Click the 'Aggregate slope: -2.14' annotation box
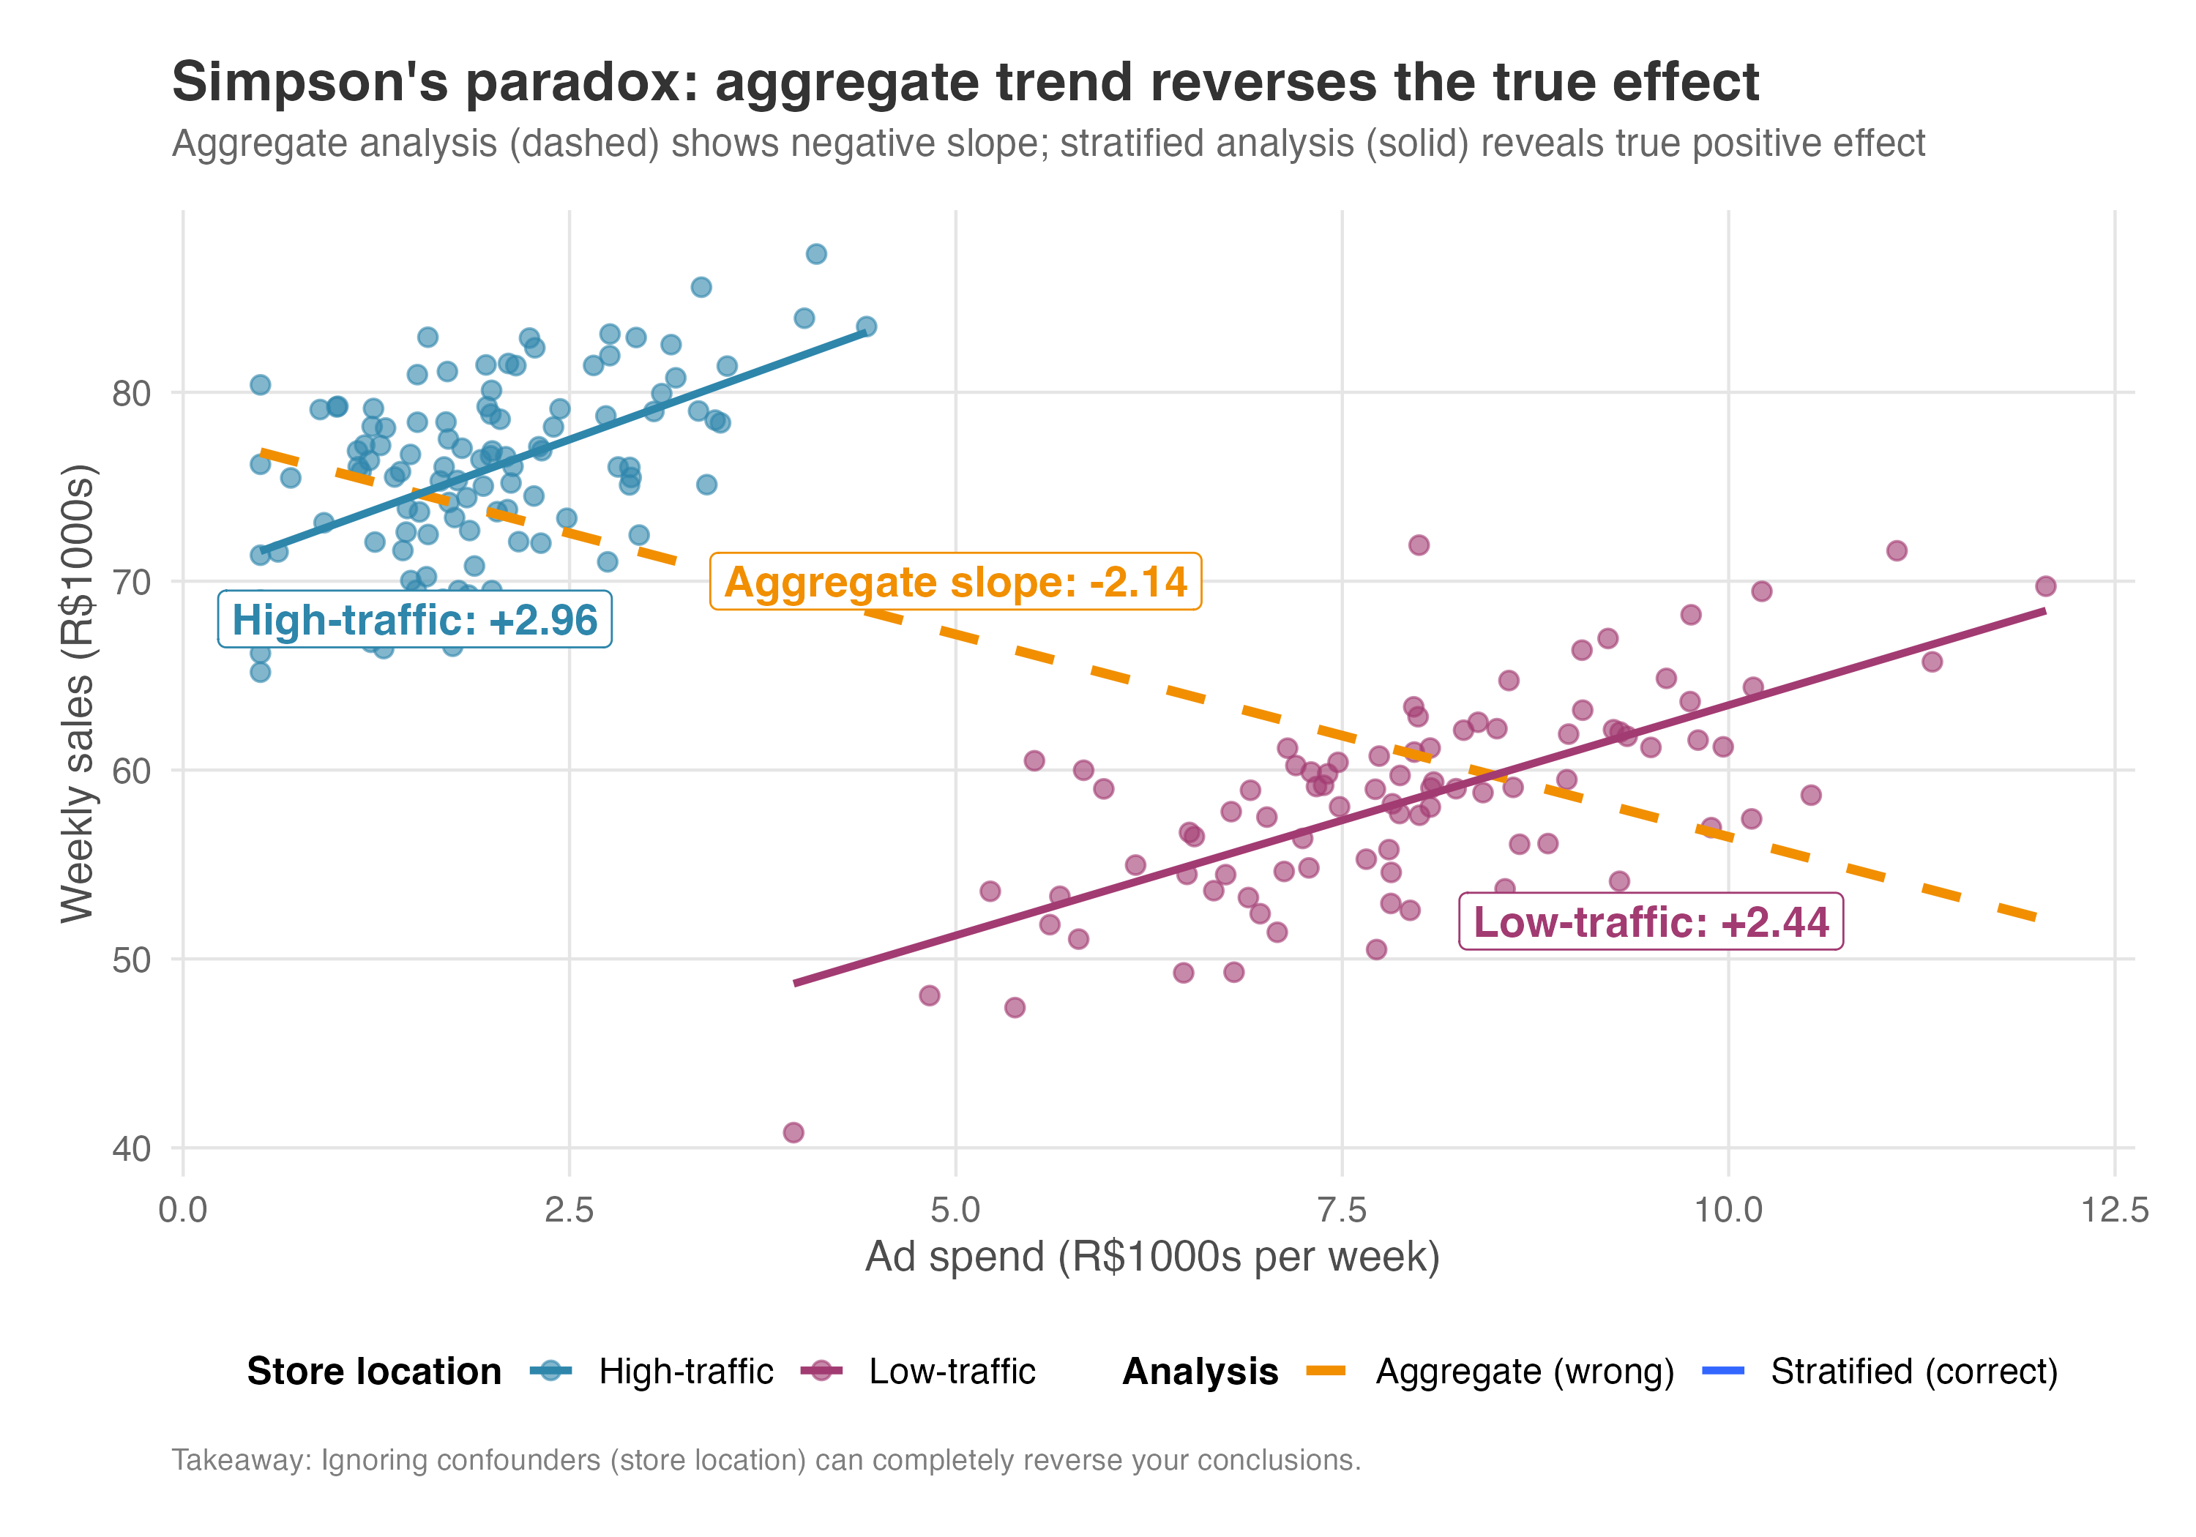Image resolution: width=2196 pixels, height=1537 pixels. (x=955, y=582)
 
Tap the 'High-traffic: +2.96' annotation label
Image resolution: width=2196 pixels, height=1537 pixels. (x=414, y=620)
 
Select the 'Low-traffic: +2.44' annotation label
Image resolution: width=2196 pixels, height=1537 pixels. (x=1650, y=922)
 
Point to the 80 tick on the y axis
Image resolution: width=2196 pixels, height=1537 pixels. (x=131, y=393)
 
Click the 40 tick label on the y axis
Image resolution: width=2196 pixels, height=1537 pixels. (x=131, y=1148)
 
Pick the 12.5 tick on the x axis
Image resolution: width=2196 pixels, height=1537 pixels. (x=2114, y=1210)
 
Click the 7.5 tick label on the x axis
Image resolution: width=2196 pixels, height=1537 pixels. (x=1341, y=1210)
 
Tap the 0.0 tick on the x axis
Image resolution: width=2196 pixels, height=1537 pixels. (x=183, y=1210)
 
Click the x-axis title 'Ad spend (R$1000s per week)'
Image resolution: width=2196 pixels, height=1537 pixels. (x=1151, y=1257)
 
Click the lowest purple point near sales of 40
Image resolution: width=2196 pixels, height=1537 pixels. (x=793, y=1132)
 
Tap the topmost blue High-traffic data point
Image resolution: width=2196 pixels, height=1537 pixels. (x=816, y=253)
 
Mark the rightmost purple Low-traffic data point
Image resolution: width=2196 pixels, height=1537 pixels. (x=2045, y=586)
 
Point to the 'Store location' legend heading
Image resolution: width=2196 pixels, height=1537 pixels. (x=374, y=1372)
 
